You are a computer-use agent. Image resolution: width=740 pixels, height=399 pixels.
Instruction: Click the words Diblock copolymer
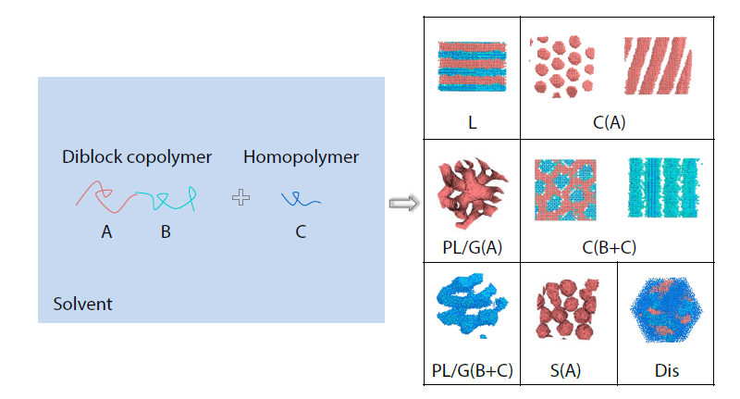point(137,157)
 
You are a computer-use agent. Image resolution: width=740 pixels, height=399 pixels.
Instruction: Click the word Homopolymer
point(301,157)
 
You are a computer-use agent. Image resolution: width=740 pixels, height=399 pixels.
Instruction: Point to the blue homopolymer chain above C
point(301,198)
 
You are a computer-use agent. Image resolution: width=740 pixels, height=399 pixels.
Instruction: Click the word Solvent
point(82,304)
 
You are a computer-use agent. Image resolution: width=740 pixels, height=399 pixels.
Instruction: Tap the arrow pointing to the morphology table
point(400,202)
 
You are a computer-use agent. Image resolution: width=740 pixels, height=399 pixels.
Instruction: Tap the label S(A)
point(566,370)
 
